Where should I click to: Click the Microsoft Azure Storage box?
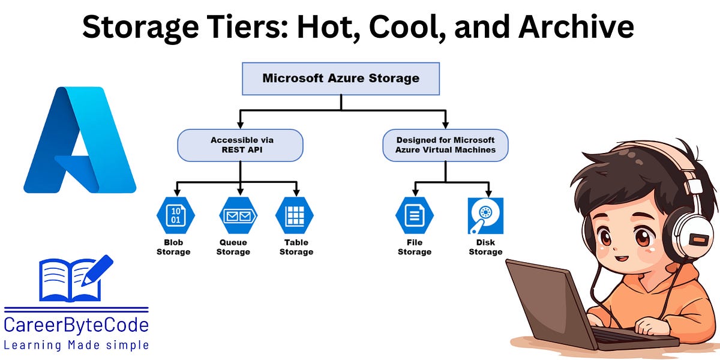341,79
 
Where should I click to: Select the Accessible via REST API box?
240,145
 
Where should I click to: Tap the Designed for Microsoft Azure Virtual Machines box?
445,145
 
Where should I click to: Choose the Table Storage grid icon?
295,215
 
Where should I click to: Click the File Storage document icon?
415,215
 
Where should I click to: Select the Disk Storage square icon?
485,215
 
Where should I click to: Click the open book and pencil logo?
75,279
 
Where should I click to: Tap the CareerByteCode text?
76,325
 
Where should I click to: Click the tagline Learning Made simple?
76,345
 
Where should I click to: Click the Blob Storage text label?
173,247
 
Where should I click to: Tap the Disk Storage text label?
485,247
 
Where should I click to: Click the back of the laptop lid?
546,300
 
